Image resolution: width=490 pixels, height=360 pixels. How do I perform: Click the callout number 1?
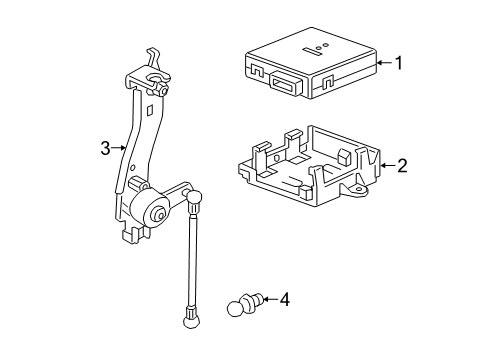[398, 63]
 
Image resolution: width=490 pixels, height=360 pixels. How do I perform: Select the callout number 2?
[402, 166]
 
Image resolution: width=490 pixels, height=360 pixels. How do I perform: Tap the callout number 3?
[105, 149]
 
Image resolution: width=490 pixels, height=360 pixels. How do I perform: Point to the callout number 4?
[285, 298]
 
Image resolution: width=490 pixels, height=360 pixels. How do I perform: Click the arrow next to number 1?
[382, 63]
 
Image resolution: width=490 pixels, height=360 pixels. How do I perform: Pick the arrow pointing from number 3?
[121, 149]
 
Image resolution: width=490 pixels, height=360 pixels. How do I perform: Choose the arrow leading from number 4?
[269, 298]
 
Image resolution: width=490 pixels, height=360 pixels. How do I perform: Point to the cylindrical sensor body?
[149, 211]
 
